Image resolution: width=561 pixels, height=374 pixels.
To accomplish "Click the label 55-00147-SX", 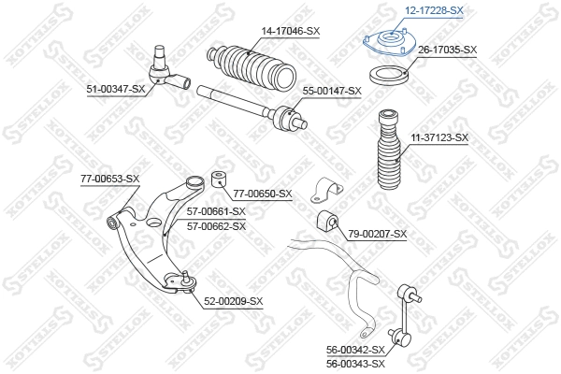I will click(330, 90).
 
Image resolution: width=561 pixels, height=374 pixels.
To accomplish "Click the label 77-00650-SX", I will click(262, 194).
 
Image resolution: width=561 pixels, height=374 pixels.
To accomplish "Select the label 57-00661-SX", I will click(216, 211).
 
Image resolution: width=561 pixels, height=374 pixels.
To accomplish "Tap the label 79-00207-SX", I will click(378, 233).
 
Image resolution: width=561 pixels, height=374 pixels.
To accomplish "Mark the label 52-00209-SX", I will click(233, 301).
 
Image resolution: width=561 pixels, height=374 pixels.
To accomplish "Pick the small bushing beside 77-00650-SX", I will click(221, 180).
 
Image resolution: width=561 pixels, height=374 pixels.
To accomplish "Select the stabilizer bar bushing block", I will click(327, 221).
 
